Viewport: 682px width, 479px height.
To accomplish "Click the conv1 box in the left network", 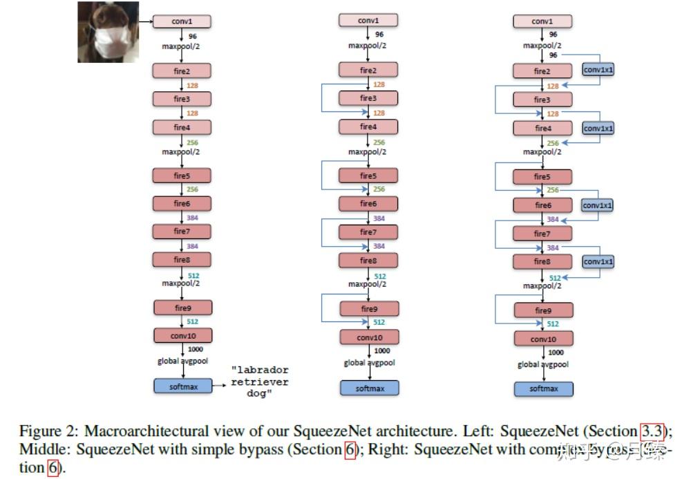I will (181, 21).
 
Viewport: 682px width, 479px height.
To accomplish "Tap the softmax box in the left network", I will (183, 386).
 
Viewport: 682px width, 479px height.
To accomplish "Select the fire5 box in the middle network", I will (368, 176).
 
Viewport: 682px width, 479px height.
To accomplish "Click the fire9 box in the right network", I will (542, 310).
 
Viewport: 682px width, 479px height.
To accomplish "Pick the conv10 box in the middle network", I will (368, 337).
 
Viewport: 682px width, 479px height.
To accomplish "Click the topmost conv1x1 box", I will (598, 70).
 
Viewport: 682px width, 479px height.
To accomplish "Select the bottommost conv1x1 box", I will (598, 262).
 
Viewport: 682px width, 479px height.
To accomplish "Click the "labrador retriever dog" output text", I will (259, 382).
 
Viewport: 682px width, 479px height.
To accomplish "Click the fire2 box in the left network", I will (181, 71).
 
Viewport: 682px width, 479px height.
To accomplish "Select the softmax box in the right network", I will (544, 388).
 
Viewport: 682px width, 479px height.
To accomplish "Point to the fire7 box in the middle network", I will (368, 232).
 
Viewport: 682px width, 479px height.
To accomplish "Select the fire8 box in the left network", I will (182, 259).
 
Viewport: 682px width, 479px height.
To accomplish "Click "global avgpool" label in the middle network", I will (368, 363).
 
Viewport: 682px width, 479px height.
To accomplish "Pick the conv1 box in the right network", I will (542, 21).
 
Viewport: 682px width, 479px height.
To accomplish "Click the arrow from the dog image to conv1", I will (145, 22).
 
